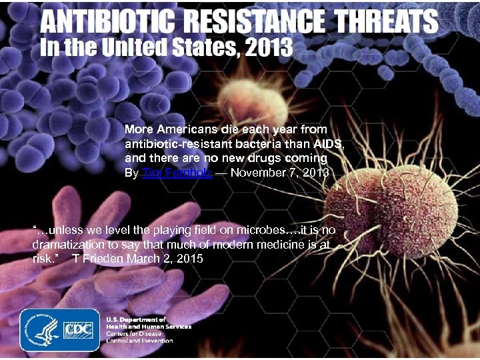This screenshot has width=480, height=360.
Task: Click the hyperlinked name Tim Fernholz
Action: (x=177, y=173)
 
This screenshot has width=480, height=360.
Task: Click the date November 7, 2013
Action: (x=279, y=173)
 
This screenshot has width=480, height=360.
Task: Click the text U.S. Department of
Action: (x=136, y=320)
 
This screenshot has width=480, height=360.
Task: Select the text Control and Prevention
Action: (x=139, y=341)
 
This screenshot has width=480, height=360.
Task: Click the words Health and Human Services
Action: (x=149, y=327)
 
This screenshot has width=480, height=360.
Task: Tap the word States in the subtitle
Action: (x=187, y=48)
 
